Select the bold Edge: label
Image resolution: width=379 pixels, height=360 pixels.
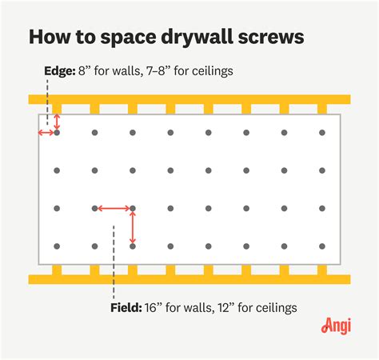[x=59, y=71]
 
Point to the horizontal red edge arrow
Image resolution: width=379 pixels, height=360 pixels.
[x=47, y=133]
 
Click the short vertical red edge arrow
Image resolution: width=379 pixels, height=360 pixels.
[x=57, y=123]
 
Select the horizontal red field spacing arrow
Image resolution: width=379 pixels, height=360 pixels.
[x=114, y=209]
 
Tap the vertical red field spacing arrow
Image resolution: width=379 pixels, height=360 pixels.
[x=133, y=227]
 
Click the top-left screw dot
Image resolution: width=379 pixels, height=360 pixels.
[x=57, y=133]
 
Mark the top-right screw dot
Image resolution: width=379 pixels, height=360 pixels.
[x=322, y=133]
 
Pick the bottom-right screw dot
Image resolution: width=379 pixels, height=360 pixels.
[x=322, y=246]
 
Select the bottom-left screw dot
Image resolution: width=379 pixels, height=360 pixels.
[x=57, y=246]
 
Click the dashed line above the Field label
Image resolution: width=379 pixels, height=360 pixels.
[x=114, y=264]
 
